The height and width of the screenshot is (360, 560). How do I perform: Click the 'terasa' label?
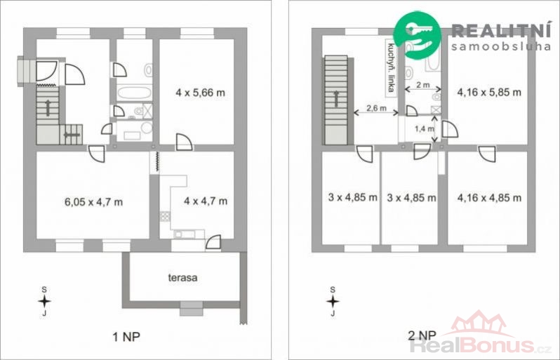(182, 277)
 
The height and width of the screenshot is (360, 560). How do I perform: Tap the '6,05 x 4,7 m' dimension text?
(93, 202)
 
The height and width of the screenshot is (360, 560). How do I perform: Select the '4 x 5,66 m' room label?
(201, 93)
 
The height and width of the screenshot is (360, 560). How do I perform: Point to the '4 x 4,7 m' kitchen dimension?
(206, 201)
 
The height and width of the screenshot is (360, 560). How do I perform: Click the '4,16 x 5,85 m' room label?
(489, 92)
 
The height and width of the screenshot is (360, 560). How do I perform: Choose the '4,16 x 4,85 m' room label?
(489, 197)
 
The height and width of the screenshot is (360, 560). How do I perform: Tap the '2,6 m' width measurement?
(376, 108)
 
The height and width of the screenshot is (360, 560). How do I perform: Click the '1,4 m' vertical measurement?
(425, 129)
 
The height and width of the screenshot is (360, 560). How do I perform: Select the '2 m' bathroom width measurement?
(423, 85)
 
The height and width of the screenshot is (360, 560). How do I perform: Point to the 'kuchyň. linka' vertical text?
(391, 67)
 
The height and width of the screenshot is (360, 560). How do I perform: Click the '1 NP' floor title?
(126, 336)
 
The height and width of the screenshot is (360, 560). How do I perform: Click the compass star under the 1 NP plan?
(44, 302)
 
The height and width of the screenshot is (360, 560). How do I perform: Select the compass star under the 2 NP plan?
(333, 302)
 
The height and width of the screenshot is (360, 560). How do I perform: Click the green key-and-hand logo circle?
(417, 35)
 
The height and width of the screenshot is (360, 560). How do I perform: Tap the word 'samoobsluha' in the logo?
(501, 46)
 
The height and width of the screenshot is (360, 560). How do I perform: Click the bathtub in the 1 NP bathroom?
(135, 93)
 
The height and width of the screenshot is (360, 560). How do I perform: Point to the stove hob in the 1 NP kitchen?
(165, 216)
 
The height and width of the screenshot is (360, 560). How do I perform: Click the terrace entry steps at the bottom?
(192, 309)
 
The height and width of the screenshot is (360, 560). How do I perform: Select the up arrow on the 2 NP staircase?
(336, 99)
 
